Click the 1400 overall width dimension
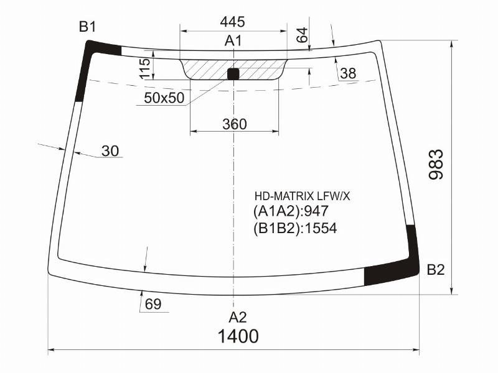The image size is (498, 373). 238,336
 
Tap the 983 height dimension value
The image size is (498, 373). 436,164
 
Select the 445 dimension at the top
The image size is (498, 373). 232,22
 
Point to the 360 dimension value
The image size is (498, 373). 235,124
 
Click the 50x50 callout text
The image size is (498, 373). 164,98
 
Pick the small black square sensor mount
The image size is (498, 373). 233,73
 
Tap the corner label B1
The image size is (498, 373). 87,27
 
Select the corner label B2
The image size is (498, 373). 435,270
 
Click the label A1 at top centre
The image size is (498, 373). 233,41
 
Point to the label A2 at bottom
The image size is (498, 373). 238,317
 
